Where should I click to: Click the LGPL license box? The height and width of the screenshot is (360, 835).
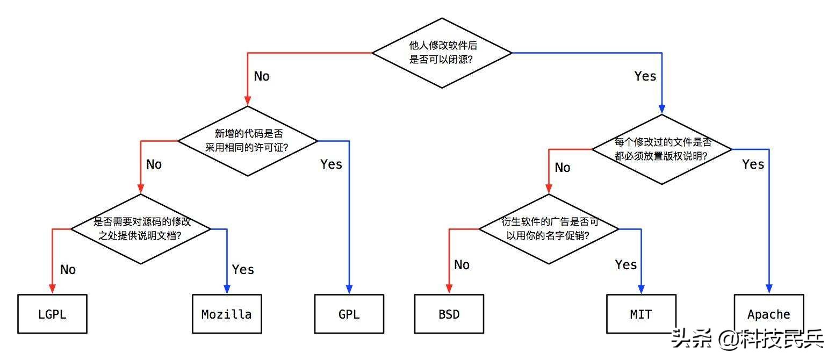pos(52,314)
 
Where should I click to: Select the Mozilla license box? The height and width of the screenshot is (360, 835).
pos(227,314)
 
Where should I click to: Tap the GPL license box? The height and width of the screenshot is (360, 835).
pos(349,314)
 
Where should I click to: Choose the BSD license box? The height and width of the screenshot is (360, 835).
pos(449,314)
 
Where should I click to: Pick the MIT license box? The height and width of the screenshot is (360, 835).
pos(641,314)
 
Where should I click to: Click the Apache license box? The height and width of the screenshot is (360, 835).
pos(768,314)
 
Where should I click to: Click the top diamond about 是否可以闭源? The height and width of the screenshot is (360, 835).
pos(442,53)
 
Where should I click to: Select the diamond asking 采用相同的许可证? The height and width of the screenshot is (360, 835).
pos(248,141)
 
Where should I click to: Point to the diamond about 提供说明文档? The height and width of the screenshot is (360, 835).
pos(141,229)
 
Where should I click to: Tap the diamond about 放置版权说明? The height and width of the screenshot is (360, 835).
pos(662,149)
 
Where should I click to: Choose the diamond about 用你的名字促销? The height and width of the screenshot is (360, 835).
pos(549,229)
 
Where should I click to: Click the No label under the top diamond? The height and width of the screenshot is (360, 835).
pos(262,76)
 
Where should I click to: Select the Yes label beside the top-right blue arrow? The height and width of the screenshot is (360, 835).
pos(645,76)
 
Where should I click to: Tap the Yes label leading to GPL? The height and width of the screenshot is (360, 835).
pos(331,164)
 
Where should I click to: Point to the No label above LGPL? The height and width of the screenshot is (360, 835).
pos(68,270)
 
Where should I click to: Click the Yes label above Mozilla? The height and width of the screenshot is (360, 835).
pos(243,269)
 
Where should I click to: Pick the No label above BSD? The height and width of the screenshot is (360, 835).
pos(462,265)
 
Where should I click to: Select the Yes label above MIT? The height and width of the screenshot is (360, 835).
pos(626,265)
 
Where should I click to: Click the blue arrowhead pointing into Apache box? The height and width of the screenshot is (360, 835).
pos(768,290)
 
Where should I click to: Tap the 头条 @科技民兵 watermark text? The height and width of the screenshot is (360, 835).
pos(747,339)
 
